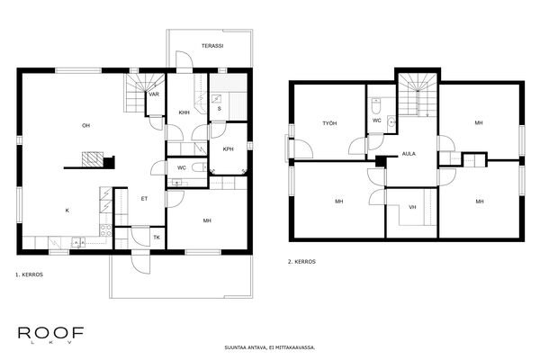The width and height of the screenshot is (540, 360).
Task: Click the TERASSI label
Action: (211, 45)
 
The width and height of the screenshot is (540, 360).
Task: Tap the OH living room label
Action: (86, 125)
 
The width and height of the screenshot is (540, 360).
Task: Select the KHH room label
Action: (184, 112)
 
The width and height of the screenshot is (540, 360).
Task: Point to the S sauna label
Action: (220, 109)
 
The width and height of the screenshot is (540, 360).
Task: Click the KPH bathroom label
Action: (228, 149)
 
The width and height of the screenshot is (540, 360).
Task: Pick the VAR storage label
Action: (154, 94)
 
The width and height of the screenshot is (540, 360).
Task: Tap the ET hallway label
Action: (144, 198)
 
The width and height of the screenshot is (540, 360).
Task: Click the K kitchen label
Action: (67, 210)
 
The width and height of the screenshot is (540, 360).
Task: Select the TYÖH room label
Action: (329, 122)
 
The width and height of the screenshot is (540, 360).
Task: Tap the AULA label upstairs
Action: (409, 154)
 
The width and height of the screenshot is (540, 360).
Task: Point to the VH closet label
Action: (412, 208)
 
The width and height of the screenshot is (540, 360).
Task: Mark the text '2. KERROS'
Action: (301, 262)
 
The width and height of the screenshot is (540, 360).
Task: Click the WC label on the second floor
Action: (377, 120)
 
